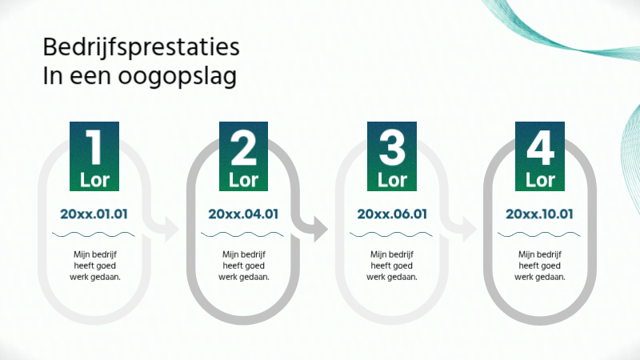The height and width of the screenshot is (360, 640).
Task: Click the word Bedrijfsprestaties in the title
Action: (x=141, y=48)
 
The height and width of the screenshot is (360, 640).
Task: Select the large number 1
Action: (x=94, y=147)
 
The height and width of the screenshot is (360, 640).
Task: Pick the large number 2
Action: (x=243, y=147)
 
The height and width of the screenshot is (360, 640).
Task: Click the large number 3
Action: (x=392, y=147)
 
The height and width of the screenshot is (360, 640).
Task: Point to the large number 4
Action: (x=540, y=147)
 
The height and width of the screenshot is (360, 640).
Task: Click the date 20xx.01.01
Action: (x=94, y=214)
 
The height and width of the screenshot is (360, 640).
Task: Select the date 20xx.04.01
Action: (x=243, y=214)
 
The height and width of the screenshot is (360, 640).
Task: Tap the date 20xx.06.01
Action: (x=392, y=214)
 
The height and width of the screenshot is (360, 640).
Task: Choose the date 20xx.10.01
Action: (x=540, y=214)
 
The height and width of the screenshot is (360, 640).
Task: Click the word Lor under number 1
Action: (x=94, y=179)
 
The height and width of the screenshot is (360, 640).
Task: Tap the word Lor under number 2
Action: (x=243, y=179)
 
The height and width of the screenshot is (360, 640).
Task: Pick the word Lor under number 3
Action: (x=392, y=179)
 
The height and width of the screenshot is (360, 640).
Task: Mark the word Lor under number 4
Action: (x=540, y=179)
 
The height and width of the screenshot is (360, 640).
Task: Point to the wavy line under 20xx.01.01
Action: (x=94, y=234)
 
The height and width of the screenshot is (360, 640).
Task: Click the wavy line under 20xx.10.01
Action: (x=540, y=234)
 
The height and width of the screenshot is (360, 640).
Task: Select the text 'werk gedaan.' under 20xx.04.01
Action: (x=243, y=277)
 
